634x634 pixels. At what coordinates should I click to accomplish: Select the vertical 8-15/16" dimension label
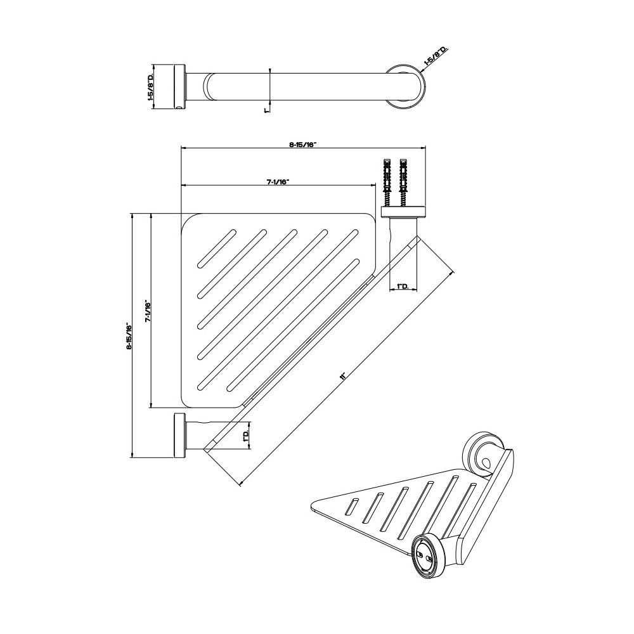[129, 335]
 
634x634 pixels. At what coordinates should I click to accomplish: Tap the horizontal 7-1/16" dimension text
[277, 182]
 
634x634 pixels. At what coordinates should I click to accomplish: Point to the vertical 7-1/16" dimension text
[148, 311]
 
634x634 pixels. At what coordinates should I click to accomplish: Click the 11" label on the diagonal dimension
[343, 376]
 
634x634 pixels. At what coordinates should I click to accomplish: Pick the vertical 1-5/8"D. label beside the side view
[150, 87]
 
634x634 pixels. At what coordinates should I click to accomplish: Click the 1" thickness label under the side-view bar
[266, 110]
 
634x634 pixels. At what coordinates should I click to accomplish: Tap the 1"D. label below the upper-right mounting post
[403, 287]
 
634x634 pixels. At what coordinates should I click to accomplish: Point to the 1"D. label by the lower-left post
[245, 436]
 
